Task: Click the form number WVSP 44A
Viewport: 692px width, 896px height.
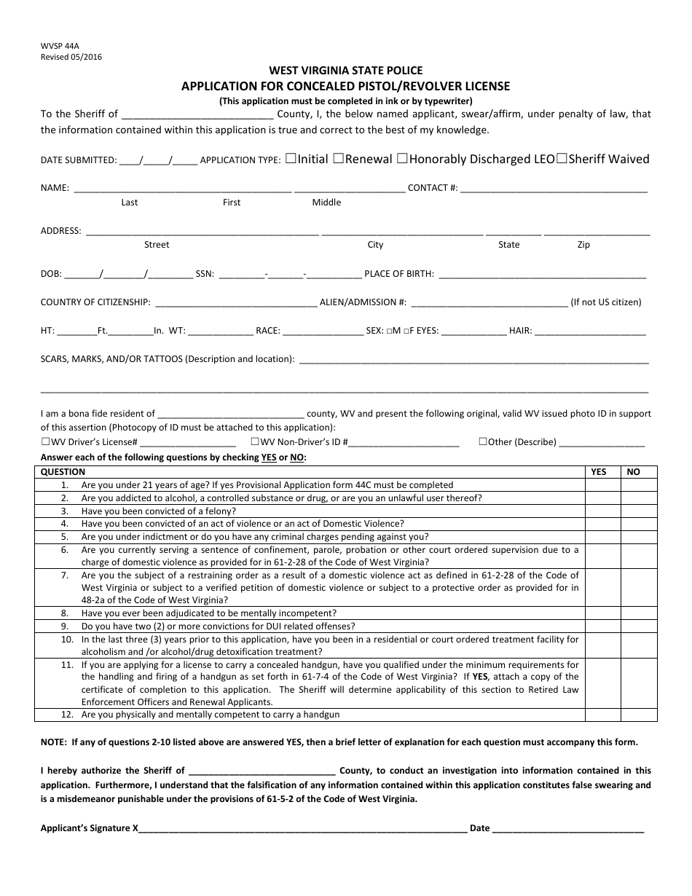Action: point(55,45)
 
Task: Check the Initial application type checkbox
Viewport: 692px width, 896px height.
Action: point(291,158)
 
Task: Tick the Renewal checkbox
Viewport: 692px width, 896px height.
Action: point(338,158)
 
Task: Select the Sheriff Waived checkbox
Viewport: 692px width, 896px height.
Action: point(561,158)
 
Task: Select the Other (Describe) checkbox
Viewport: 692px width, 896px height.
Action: point(483,441)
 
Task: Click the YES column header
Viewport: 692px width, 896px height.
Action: point(599,472)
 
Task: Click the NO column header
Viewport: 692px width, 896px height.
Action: point(634,472)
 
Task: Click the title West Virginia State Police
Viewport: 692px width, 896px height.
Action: point(345,71)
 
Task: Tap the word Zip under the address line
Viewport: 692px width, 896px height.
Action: point(583,245)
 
